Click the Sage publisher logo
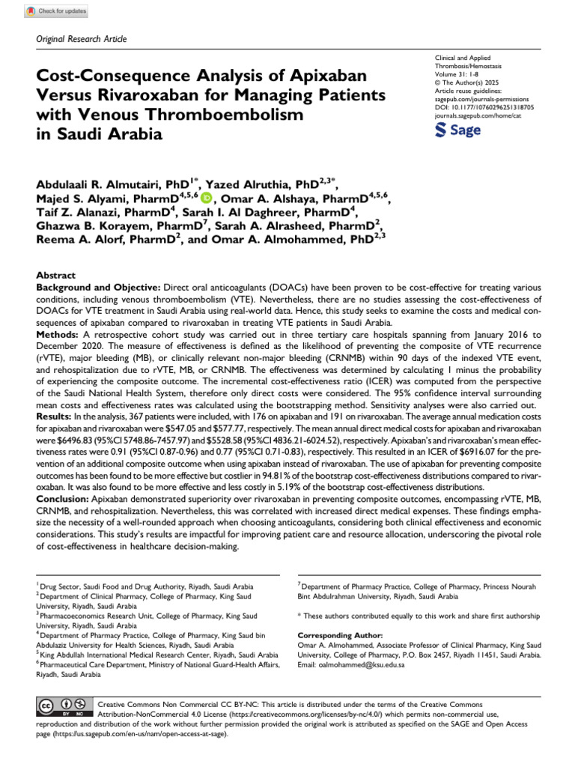coord(457,130)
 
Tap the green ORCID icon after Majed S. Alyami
coord(206,198)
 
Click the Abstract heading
coord(55,275)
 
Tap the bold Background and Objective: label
coord(97,288)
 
